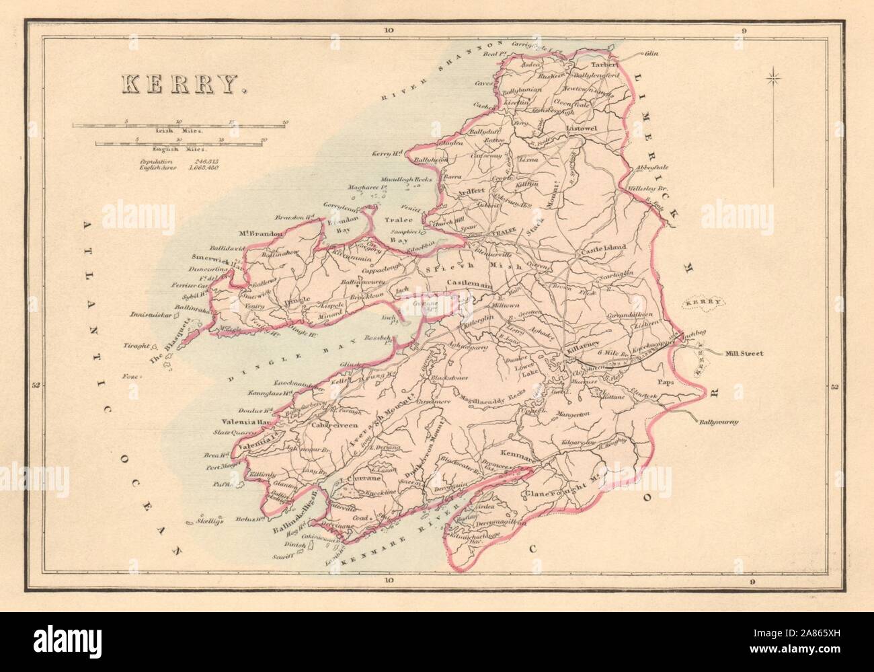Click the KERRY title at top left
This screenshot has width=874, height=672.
[x=179, y=83]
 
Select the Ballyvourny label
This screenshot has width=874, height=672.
[x=717, y=422]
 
